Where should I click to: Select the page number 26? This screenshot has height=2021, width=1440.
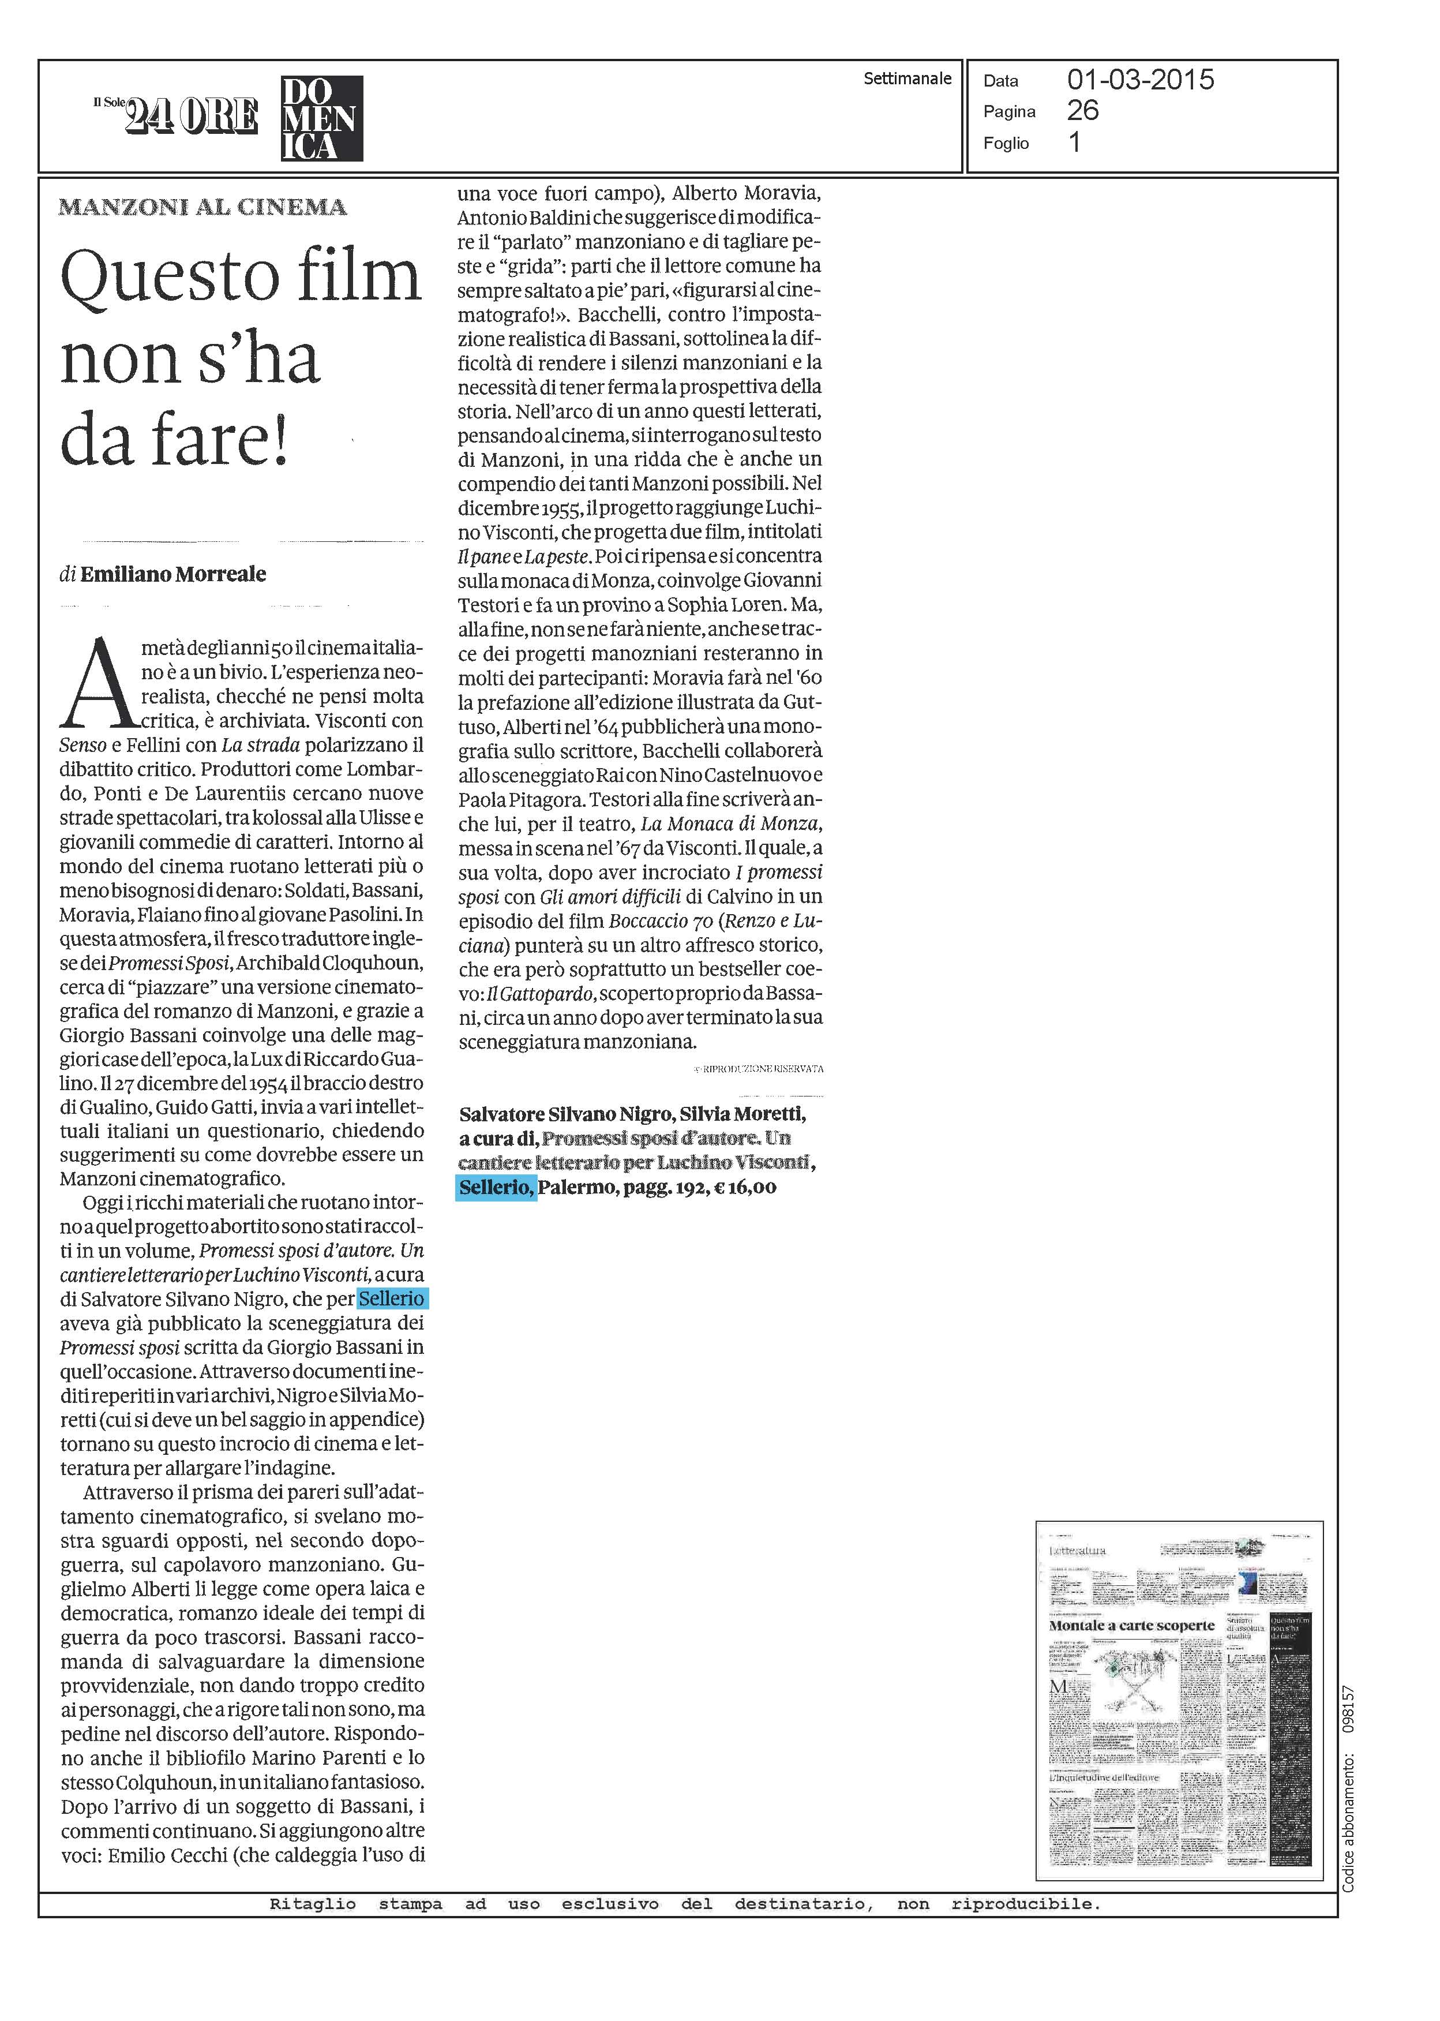tap(1083, 111)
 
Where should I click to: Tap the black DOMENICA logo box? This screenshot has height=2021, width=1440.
tap(321, 118)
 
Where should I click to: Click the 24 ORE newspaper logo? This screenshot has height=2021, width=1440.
tap(190, 116)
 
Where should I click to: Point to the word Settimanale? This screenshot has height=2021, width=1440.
tap(907, 79)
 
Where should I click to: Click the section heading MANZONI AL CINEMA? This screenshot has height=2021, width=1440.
tap(202, 208)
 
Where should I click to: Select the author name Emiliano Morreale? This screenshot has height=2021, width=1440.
tap(173, 574)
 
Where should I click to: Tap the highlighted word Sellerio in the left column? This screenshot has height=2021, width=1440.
tap(391, 1299)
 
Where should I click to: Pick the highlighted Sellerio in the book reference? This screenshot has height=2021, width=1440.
tap(496, 1188)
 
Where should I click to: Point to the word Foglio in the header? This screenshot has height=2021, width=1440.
tap(1006, 144)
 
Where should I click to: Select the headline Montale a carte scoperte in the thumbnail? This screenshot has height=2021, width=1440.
tap(1131, 1626)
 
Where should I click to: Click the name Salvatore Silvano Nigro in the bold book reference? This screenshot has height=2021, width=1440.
tap(564, 1114)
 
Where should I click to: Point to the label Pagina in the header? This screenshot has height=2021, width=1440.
tap(1009, 112)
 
